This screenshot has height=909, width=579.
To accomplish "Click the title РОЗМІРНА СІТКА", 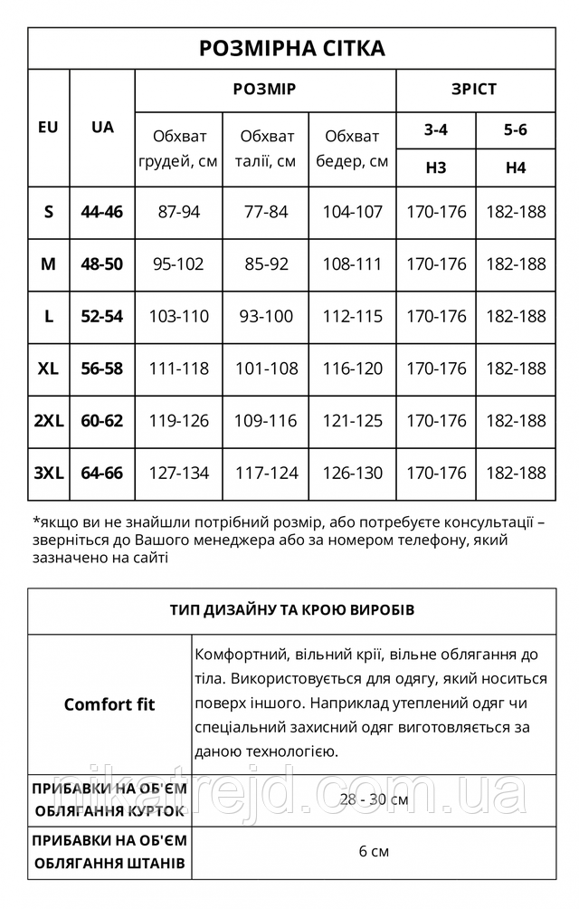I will point(291,48).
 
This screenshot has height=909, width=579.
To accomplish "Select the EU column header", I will point(49,128).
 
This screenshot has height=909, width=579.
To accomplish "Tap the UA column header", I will point(102,128).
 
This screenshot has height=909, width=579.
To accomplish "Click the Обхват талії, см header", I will point(267,148).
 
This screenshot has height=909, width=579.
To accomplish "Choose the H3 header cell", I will point(436,167).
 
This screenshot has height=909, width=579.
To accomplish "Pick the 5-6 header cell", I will point(516,129).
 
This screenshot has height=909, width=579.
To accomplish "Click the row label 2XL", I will point(49,421).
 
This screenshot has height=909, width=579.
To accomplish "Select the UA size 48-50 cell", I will point(102,264).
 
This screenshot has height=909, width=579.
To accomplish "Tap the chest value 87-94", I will point(179,213).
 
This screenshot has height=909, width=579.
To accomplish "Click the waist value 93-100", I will point(267,317).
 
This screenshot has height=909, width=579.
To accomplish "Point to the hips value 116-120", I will point(352,369).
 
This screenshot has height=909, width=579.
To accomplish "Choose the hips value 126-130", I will point(352,474).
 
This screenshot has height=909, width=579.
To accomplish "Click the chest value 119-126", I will point(179,421).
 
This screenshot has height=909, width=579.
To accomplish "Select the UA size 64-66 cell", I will point(102,474).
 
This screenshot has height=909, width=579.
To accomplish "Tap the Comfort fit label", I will point(109,704).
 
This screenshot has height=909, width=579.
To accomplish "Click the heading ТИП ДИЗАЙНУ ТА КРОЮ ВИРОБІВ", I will point(291,609).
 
